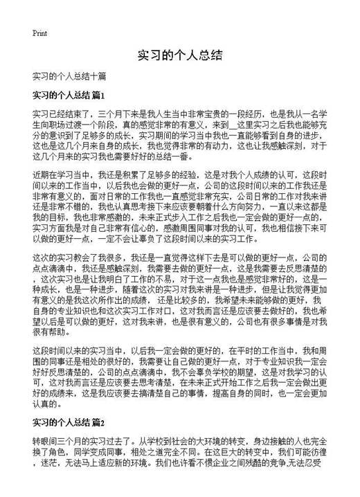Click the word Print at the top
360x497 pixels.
(39, 32)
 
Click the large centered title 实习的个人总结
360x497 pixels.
(180, 55)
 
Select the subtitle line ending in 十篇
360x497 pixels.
(69, 75)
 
